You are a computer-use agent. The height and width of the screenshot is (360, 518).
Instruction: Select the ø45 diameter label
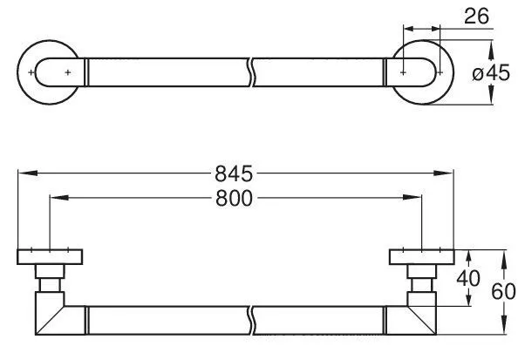[x=490, y=73]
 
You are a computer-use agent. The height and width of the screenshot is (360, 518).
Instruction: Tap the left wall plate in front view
[x=51, y=257]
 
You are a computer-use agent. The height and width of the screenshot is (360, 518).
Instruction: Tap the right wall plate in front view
[x=421, y=257]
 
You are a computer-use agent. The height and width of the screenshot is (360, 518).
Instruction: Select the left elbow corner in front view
[x=49, y=315]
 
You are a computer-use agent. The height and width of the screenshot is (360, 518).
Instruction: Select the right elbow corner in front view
[x=424, y=315]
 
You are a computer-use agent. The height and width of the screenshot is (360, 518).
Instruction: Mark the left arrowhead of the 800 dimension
[x=57, y=199]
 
